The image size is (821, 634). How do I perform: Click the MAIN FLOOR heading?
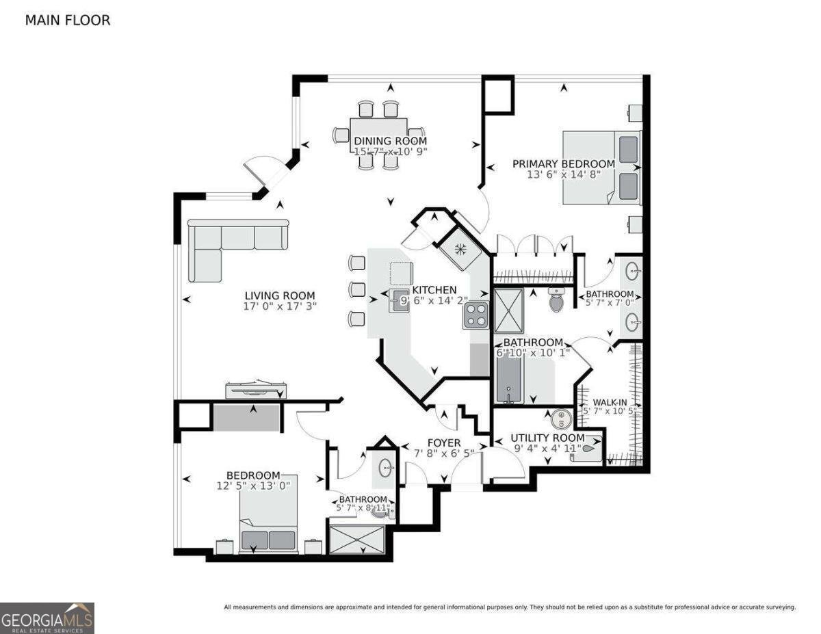click(67, 21)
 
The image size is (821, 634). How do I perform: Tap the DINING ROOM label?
click(390, 141)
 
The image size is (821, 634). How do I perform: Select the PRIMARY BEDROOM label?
click(564, 163)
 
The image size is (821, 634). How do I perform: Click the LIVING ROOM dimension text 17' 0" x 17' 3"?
click(281, 306)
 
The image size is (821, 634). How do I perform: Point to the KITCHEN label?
click(434, 290)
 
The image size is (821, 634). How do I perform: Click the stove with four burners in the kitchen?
click(475, 315)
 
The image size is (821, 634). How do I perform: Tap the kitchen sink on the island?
click(399, 300)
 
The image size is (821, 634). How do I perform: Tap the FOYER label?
click(443, 443)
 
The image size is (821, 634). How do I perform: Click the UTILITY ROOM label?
click(549, 438)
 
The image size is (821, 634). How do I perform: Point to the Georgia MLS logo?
click(47, 618)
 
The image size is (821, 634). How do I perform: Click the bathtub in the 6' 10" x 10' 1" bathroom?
click(509, 379)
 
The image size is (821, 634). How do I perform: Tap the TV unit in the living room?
click(256, 390)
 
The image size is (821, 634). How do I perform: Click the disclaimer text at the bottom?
click(510, 607)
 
